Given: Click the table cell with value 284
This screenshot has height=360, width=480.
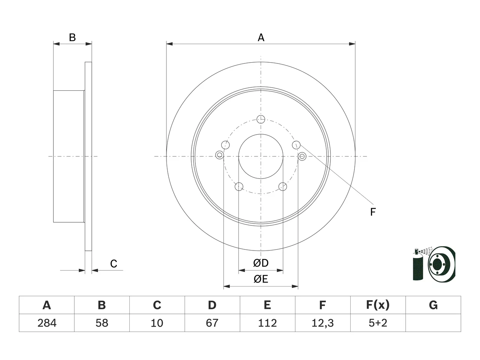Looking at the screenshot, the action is tap(47, 323).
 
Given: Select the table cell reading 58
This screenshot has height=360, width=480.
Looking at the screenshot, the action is tap(102, 323).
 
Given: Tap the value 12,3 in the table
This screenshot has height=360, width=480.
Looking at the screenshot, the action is tap(322, 323).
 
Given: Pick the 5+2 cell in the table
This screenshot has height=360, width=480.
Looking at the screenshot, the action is tap(378, 323).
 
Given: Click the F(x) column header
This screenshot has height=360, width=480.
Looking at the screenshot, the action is tap(378, 305).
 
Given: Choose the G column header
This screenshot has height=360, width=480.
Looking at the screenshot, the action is tap(433, 305).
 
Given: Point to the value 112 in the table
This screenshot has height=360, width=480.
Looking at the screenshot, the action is tap(267, 323).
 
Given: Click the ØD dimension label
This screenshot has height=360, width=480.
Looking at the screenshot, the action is tap(261, 263).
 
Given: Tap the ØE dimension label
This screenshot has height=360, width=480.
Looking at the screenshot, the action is tap(261, 279).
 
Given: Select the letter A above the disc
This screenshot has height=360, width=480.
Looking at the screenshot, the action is tap(261, 37).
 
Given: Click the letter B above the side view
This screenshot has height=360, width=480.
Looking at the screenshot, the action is tap(72, 37).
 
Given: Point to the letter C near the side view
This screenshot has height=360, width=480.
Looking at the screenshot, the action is tap(114, 264).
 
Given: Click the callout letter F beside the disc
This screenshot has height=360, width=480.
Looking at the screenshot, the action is tap(373, 212).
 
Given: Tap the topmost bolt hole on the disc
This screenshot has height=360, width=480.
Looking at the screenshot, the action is tap(261, 119).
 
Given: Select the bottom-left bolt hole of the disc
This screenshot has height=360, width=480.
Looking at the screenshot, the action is tap(239, 186).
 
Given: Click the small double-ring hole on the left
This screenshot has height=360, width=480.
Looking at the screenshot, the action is tap(219, 155).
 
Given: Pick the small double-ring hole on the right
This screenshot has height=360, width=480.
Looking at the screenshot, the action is tap(302, 156).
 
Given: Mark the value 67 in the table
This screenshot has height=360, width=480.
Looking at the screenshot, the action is tap(212, 323).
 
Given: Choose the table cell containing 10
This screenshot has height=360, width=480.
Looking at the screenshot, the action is tap(157, 323).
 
